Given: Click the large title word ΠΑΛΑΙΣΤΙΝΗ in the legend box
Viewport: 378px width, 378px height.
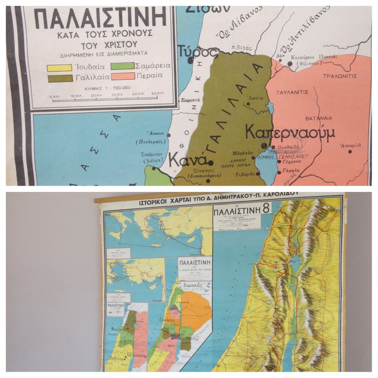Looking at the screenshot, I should point(100,18).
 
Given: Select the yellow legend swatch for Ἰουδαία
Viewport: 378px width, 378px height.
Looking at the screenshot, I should point(60,68).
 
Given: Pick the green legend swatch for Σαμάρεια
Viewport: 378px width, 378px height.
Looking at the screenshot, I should point(122,66).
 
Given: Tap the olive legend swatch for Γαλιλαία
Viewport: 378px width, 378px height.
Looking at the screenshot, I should point(60,78).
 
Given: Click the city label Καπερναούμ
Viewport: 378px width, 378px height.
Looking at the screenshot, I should point(290,132).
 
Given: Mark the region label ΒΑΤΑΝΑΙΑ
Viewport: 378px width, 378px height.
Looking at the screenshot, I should point(319,118).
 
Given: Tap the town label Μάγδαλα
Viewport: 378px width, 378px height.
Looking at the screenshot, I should point(242,153).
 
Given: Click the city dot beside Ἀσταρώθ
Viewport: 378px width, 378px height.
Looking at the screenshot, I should point(350,151).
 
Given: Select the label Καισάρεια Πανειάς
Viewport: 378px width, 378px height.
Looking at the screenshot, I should point(317,55).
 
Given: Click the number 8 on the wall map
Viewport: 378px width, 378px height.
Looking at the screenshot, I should point(266,209).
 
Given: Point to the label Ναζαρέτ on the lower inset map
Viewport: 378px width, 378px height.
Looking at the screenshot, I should point(119,328).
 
